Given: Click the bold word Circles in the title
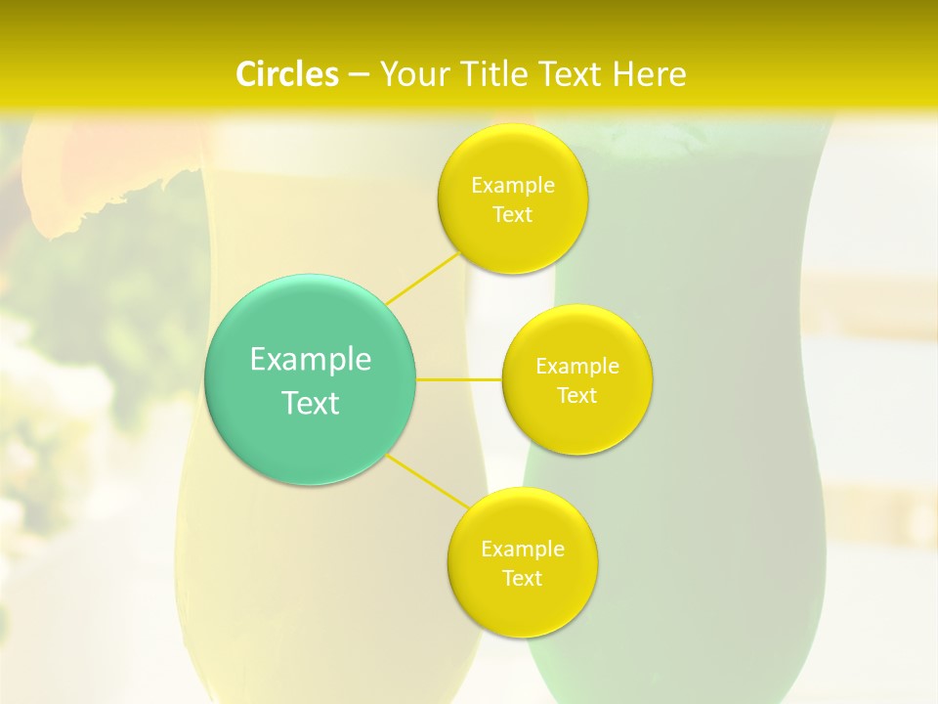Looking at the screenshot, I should tap(286, 74).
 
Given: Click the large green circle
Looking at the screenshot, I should tap(311, 379).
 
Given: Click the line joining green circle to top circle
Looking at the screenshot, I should tap(423, 277).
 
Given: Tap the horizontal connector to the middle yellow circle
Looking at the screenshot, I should tap(459, 378).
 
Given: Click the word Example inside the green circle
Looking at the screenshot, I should tap(311, 360).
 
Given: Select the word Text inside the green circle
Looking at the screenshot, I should tap(311, 403).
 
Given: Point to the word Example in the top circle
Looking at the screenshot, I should tap(512, 186).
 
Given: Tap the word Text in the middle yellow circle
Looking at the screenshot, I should tap(576, 396).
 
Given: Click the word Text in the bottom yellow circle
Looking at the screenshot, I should tap(522, 578).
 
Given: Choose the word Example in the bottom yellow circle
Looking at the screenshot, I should tap(522, 550).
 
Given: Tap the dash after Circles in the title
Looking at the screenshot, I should tap(359, 75).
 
